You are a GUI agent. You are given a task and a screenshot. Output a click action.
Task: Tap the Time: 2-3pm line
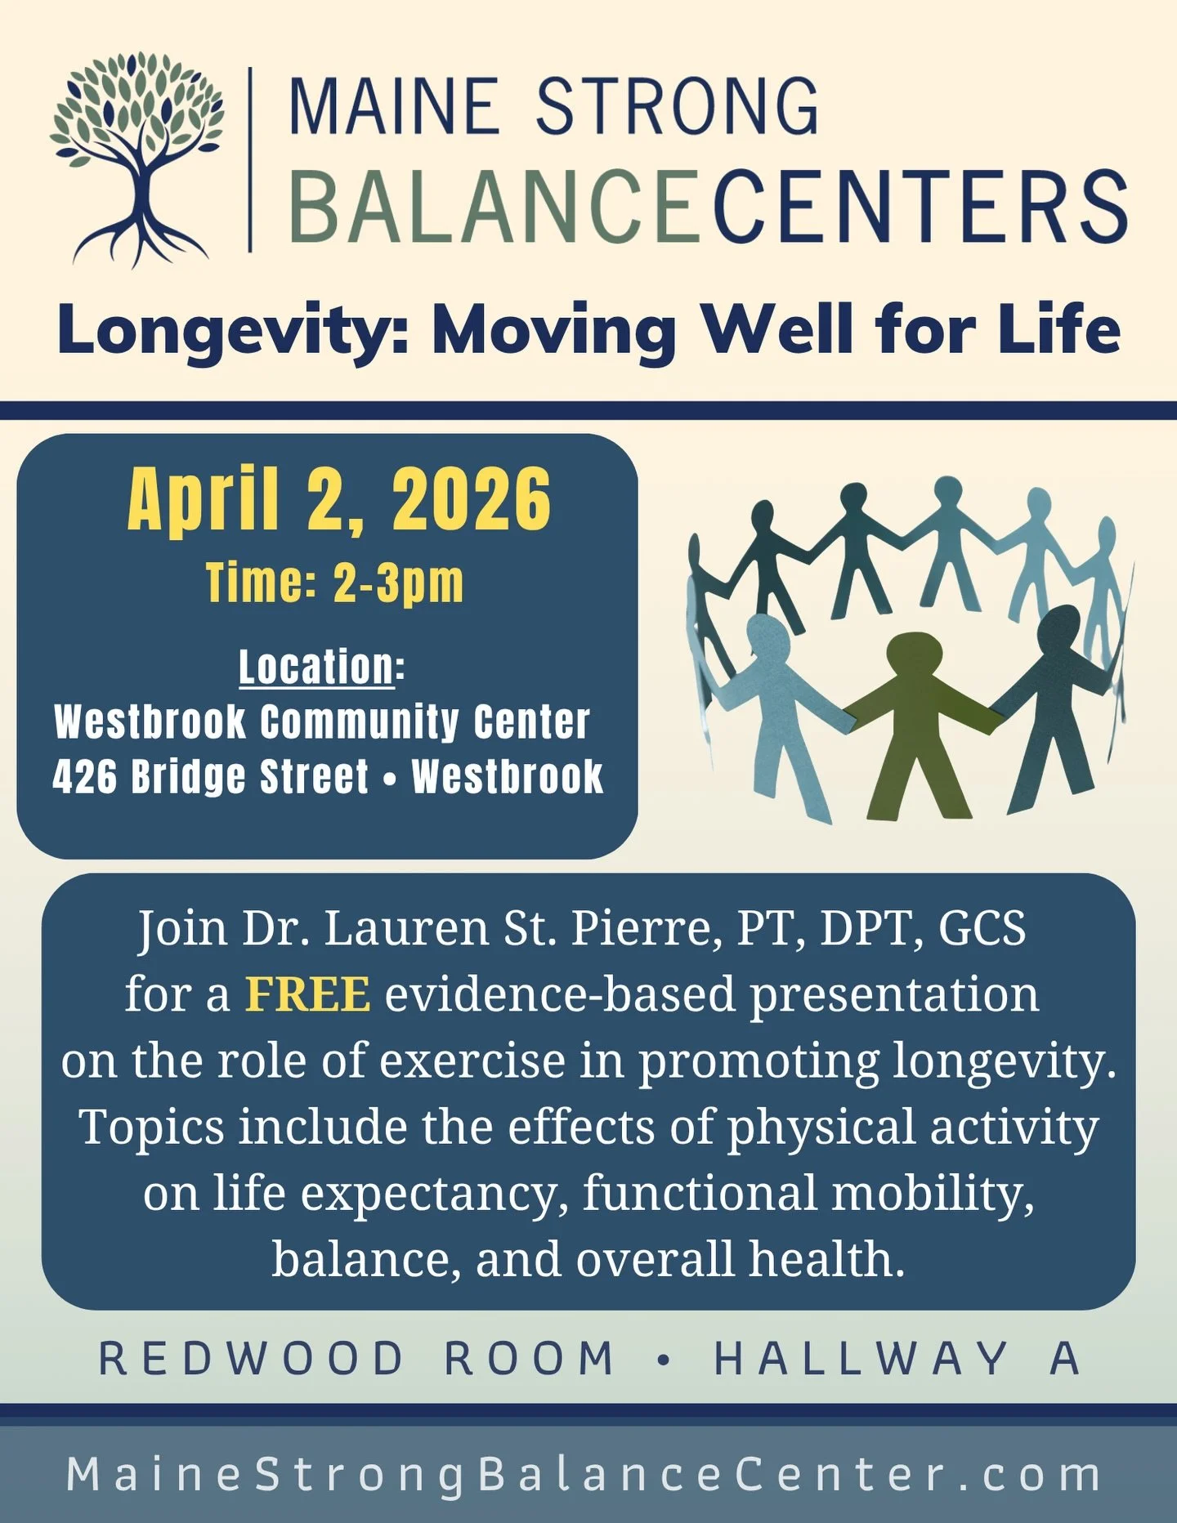click(334, 583)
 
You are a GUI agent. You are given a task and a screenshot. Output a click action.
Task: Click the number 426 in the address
click(85, 776)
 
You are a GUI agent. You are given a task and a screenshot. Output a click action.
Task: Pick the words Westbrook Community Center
click(322, 722)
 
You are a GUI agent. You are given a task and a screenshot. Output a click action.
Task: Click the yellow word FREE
click(308, 994)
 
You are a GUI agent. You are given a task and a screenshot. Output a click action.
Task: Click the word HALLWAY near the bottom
click(861, 1359)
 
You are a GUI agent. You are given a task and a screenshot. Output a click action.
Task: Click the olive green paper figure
click(919, 719)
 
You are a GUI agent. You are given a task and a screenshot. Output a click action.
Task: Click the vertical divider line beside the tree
click(250, 159)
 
